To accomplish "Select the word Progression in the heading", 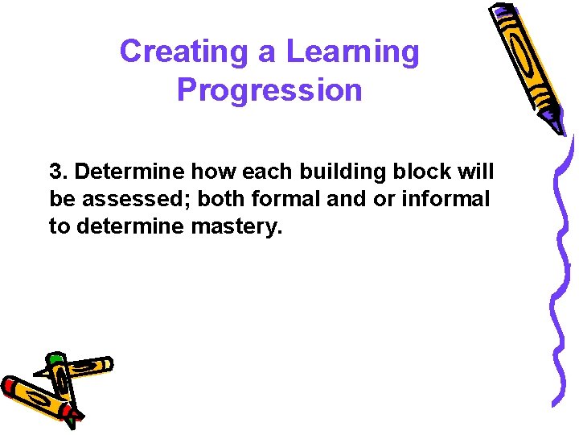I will pos(269,89).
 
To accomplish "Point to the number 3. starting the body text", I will pos(59,172).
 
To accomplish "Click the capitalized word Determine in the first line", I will pos(121,172).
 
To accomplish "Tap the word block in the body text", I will pos(425,172).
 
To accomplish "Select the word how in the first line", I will pos(212,172).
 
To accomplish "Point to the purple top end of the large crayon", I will pos(503,12).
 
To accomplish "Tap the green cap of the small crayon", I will pos(55,358).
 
